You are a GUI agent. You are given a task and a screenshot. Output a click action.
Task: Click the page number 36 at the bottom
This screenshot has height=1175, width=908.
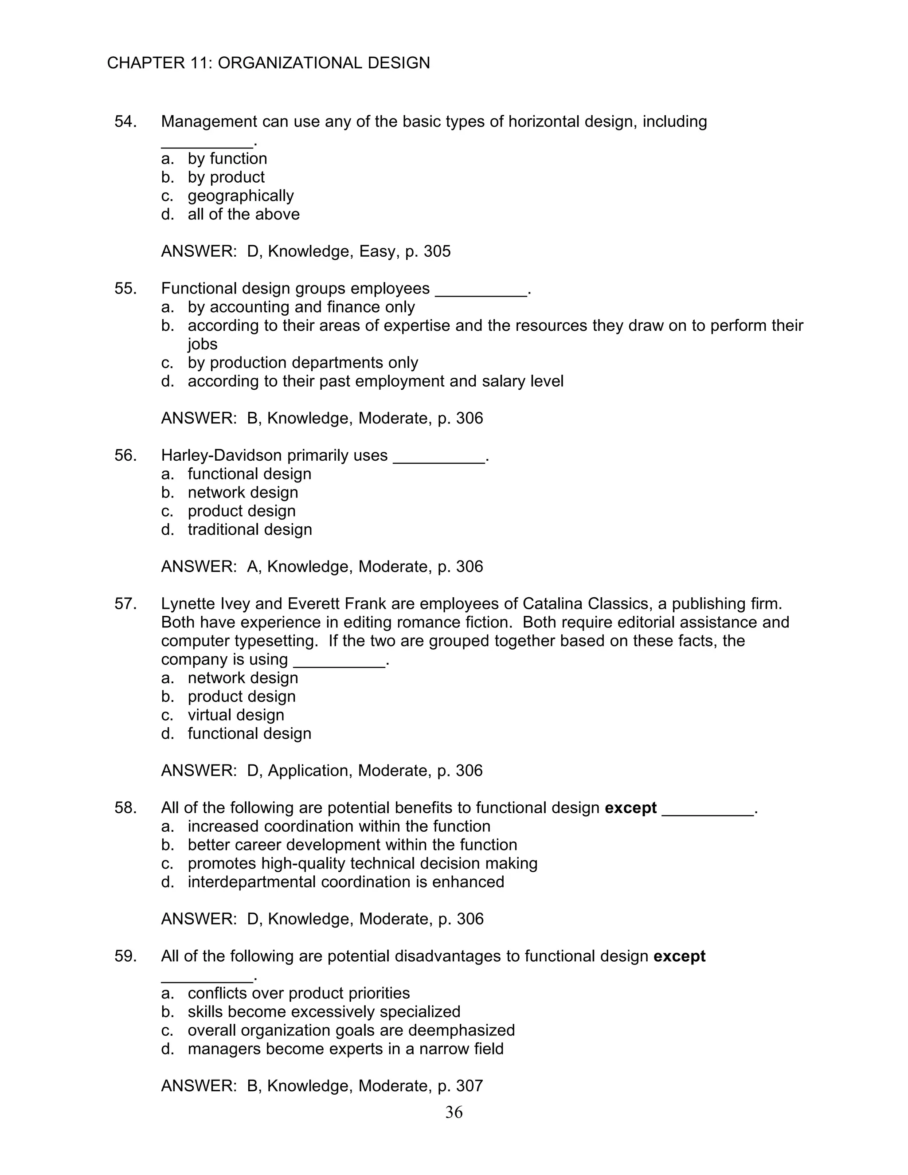tap(454, 1112)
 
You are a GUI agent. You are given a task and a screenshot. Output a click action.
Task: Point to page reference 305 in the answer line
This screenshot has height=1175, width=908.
tap(437, 251)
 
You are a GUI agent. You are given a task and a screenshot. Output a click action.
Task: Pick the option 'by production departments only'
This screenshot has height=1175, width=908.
tap(302, 363)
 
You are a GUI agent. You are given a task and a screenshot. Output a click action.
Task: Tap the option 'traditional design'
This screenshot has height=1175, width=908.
tap(250, 529)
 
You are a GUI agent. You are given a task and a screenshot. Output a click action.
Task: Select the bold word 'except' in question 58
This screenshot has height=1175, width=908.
tap(630, 807)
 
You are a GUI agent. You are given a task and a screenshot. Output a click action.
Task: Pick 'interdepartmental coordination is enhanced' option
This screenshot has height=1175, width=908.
tap(345, 882)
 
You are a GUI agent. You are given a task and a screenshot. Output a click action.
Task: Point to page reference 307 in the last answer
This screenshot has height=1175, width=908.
tap(469, 1086)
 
